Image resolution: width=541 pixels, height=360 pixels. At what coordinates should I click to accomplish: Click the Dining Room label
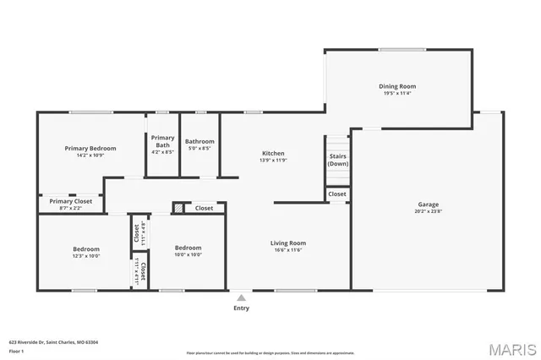pos(396,86)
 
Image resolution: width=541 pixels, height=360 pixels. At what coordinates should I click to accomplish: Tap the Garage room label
pos(428,204)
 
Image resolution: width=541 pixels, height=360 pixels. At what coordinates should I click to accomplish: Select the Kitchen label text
pos(272,153)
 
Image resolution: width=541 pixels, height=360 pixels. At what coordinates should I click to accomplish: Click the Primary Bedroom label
pos(90,148)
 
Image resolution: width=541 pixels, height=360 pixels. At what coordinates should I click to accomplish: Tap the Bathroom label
pos(199,141)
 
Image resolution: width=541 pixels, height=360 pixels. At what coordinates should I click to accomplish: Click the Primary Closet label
pos(71,201)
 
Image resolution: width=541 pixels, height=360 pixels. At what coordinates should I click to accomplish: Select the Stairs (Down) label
pos(338,160)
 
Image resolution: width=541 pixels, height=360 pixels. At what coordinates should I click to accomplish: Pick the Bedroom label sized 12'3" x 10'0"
pos(86,249)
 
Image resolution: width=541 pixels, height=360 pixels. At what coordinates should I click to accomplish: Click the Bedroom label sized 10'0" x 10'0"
pos(188,248)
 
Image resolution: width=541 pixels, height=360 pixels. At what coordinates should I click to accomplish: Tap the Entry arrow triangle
pos(241,297)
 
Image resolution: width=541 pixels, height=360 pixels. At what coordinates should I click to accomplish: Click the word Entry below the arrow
pos(241,308)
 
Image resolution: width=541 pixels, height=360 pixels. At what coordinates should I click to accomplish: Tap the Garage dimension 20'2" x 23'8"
pos(428,211)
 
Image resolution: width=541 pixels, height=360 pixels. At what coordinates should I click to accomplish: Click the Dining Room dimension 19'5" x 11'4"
pos(396,94)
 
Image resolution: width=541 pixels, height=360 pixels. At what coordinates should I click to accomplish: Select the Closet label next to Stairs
pos(337,194)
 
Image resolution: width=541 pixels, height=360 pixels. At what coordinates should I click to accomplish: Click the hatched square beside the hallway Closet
pos(178,208)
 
